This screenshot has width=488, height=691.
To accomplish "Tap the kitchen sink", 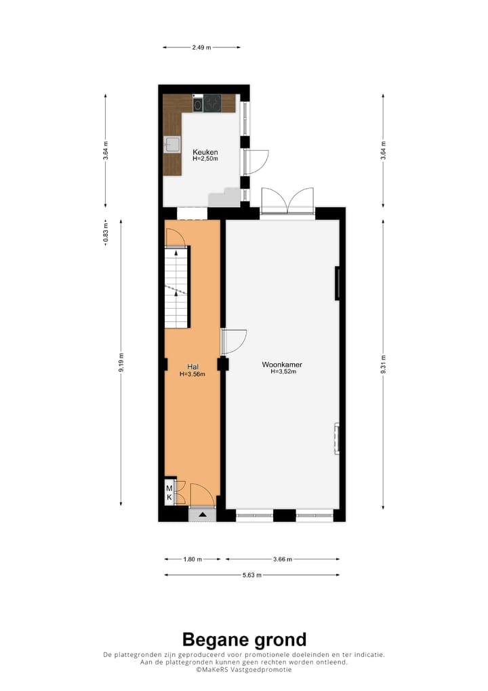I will click(x=171, y=144).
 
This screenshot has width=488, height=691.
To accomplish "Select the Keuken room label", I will click(x=205, y=152).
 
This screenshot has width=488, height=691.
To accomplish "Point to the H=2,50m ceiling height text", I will click(x=205, y=160).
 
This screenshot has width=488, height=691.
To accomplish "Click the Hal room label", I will click(x=192, y=367).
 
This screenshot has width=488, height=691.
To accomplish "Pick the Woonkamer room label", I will click(x=282, y=365).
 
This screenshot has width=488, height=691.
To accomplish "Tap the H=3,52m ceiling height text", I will click(x=282, y=372).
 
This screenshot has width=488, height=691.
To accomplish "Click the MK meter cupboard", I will click(x=169, y=493).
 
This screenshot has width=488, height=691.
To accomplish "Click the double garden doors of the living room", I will click(x=287, y=200).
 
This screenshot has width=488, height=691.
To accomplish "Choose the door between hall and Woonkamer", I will click(x=235, y=341).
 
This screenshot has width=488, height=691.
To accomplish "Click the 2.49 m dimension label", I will click(x=201, y=48).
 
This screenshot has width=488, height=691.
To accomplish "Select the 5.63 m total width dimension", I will click(x=252, y=575).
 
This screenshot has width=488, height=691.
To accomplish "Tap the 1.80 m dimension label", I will click(x=193, y=559).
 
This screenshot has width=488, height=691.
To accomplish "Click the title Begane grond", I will click(x=244, y=639).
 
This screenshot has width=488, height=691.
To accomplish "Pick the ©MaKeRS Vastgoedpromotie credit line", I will click(x=244, y=669).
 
